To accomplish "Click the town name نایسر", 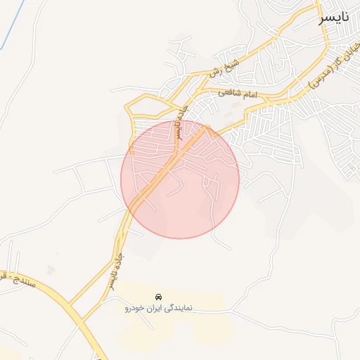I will pyautogui.click(x=333, y=18).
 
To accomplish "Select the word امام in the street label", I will pyautogui.click(x=250, y=94).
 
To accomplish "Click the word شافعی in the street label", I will pyautogui.click(x=230, y=93).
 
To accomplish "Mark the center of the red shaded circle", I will pyautogui.click(x=180, y=179).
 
